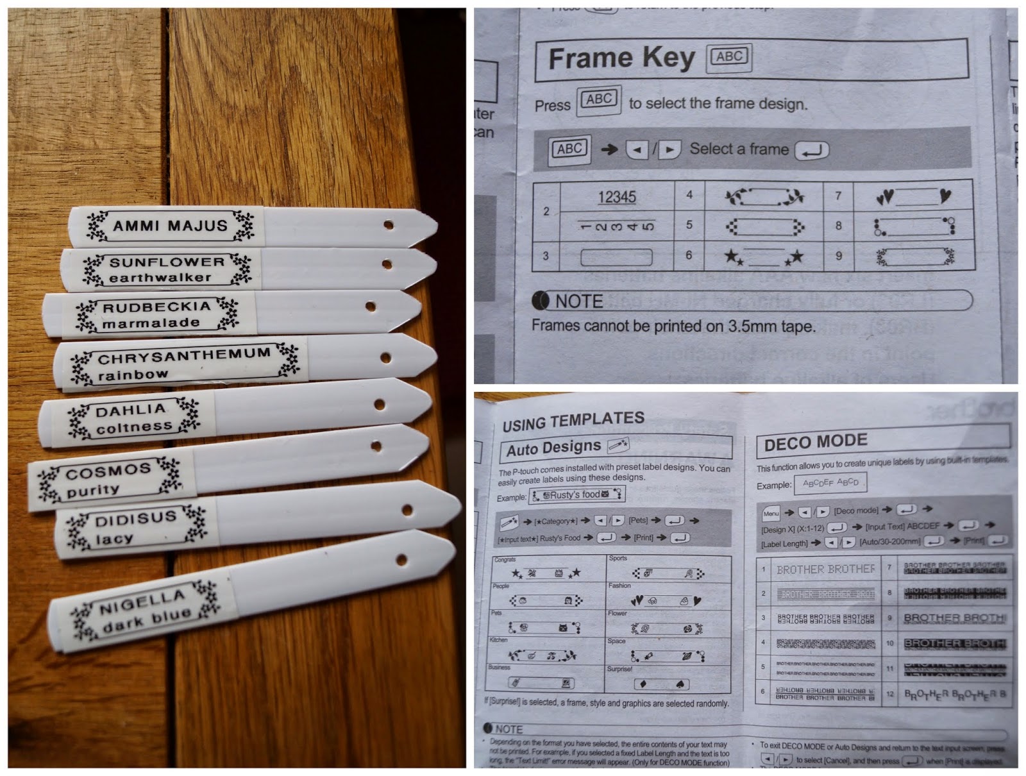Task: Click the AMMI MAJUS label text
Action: pos(170,226)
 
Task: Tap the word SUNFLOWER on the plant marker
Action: pos(167,262)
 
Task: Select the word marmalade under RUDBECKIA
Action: pos(151,323)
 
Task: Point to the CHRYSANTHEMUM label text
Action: pos(184,355)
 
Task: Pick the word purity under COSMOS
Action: pos(93,491)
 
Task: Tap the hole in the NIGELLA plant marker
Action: pos(401,559)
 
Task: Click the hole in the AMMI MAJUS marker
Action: pos(389,225)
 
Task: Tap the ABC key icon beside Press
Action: pos(599,100)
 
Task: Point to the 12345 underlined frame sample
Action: pos(617,197)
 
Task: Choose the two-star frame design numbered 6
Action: pos(763,257)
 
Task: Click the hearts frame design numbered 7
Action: pos(914,197)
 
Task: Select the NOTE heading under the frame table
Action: pos(578,301)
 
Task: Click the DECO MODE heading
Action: pos(816,443)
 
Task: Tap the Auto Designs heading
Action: pos(553,448)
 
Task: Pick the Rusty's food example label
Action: pos(576,494)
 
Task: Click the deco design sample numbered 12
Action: pos(954,694)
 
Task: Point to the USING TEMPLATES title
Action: pos(573,421)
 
